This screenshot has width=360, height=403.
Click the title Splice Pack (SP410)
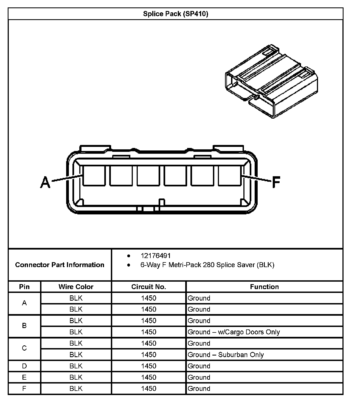[176, 14]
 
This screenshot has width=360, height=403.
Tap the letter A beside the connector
[45, 182]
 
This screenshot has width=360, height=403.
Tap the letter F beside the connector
[276, 182]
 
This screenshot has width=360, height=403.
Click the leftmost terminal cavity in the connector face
[94, 176]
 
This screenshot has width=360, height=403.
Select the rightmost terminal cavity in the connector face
[230, 176]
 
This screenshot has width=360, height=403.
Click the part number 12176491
[156, 256]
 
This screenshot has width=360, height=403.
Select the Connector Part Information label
[60, 265]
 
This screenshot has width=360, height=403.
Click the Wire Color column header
[76, 287]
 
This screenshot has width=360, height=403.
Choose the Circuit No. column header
[149, 287]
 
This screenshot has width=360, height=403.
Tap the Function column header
[264, 287]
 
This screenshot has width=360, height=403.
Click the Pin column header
[24, 287]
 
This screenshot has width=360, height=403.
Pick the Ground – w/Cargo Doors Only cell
[234, 332]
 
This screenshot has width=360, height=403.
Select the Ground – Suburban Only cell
[226, 355]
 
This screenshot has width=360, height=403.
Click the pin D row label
[24, 366]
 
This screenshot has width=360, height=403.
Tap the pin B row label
[24, 326]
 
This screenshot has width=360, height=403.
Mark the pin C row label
[24, 348]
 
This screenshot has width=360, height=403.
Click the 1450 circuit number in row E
[149, 377]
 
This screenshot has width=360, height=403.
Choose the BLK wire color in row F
[76, 388]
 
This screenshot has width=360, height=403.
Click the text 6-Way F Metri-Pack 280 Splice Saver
[207, 265]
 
